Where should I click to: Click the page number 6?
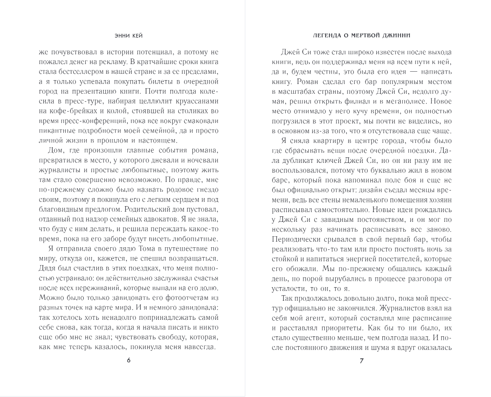[129, 361]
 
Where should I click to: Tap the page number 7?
[362, 361]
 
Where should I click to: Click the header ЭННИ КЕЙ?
[128, 36]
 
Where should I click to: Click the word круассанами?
[195, 101]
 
